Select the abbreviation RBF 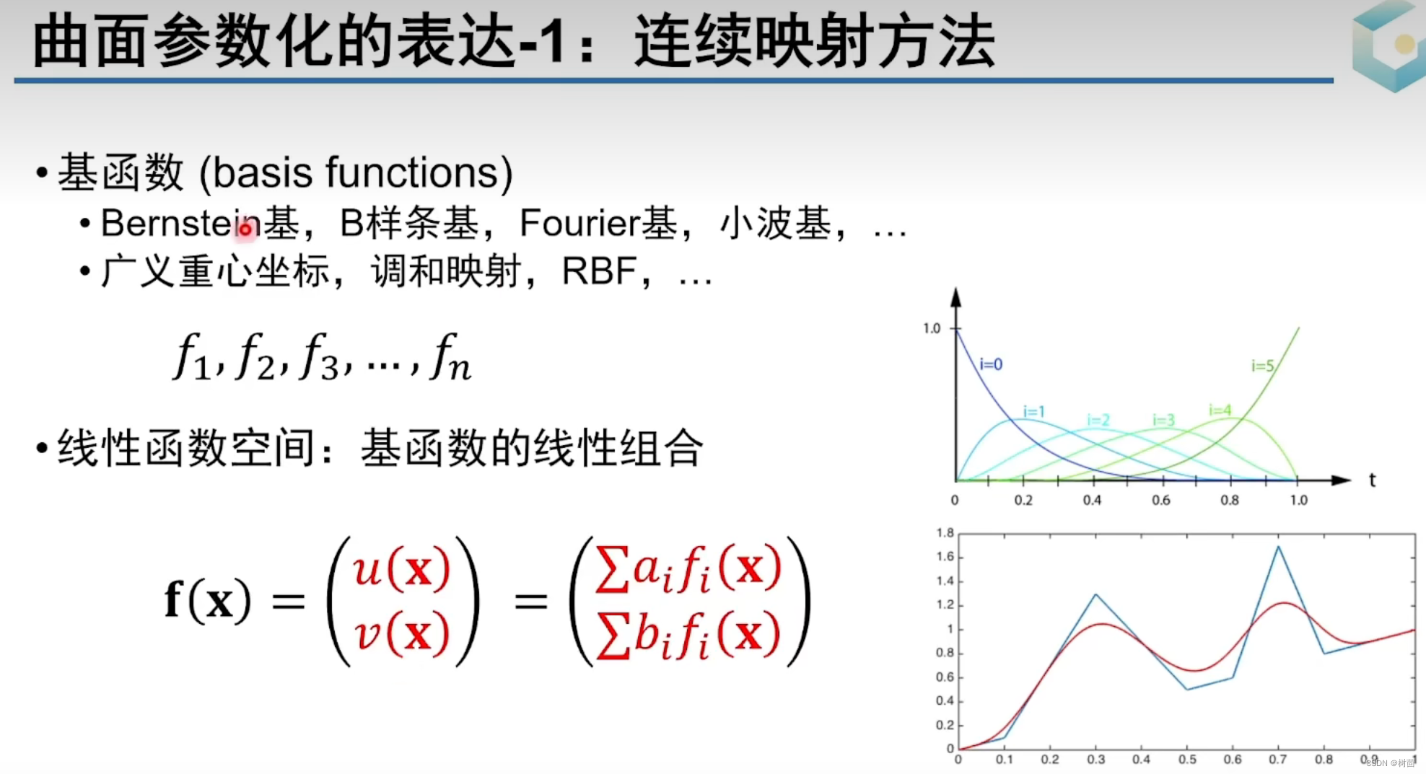point(598,272)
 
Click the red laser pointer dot point(245,229)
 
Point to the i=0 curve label point(991,364)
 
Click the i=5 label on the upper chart point(1262,366)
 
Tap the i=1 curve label point(1033,411)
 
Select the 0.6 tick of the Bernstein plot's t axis point(1160,500)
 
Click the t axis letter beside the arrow point(1372,480)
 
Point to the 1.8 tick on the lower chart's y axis point(945,533)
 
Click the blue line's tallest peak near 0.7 point(1278,547)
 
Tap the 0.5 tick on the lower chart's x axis point(1187,760)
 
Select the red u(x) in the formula point(401,570)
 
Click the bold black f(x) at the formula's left point(207,600)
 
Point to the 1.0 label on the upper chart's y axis point(932,329)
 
